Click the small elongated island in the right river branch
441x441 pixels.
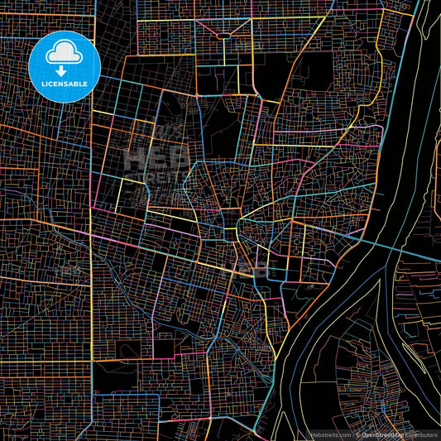tap(436, 199)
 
